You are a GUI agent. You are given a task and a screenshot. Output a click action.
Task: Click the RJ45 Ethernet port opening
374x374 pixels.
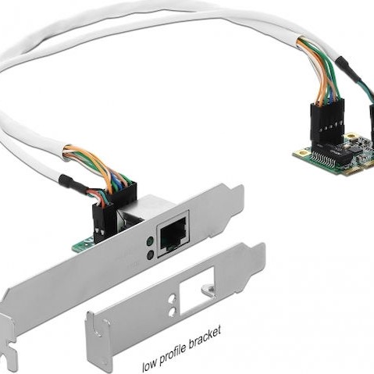tap(170, 234)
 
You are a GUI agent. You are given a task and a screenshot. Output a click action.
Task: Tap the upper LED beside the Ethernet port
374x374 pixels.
tap(148, 241)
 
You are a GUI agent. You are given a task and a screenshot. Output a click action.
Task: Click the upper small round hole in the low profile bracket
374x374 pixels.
tap(171, 301)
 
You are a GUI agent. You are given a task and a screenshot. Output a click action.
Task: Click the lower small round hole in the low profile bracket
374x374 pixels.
tap(172, 312)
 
